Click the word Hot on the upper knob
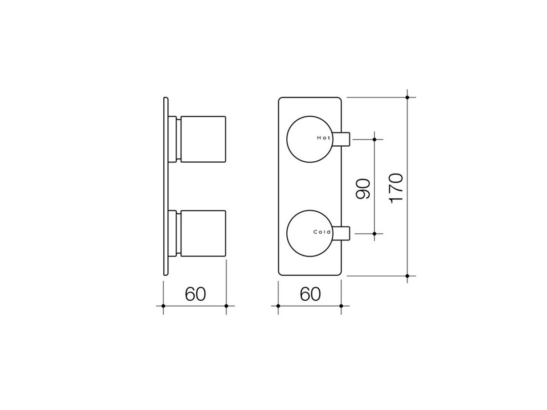(323, 137)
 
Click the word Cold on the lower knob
(322, 232)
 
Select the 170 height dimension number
(396, 187)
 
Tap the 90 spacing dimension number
(363, 188)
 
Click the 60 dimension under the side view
(196, 294)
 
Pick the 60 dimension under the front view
(310, 294)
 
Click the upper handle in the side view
(203, 138)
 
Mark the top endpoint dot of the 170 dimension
(407, 97)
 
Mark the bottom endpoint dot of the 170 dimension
(407, 276)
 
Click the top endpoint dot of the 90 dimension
(374, 139)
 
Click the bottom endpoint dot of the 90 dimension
(374, 233)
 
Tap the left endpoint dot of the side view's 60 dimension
(163, 306)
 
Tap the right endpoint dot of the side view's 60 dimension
(227, 306)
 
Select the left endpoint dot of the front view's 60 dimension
(278, 306)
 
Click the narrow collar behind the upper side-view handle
(175, 138)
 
